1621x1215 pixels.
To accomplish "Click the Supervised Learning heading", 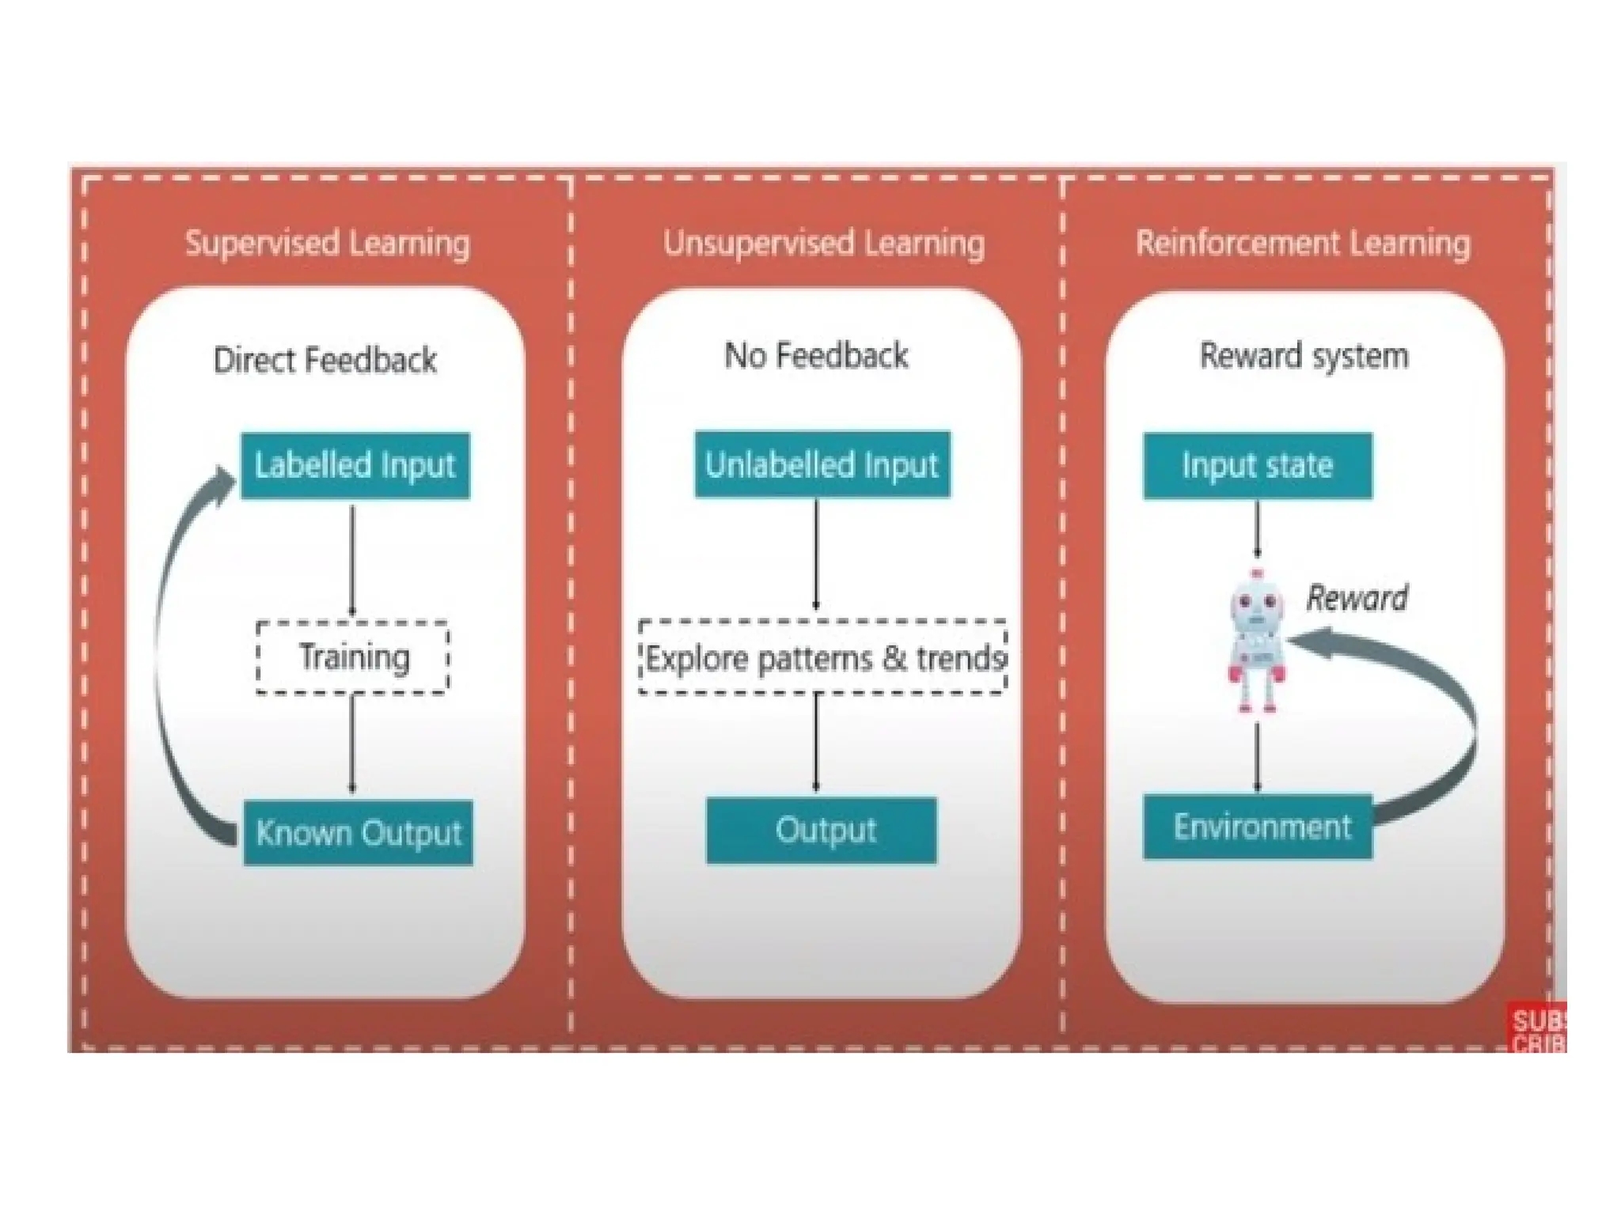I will point(327,243).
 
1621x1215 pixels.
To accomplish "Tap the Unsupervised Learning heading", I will point(823,243).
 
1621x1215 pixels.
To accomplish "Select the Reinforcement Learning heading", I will point(1303,243).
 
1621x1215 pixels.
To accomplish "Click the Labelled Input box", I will point(355,465).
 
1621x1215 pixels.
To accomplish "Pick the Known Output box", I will point(358,833).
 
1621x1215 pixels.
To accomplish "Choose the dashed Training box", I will point(353,657).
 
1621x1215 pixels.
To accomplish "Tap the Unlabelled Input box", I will point(822,464).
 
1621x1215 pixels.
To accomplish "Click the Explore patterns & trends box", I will point(823,657).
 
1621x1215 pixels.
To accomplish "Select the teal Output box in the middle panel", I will point(822,831).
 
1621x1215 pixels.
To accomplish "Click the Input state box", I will point(1257,465).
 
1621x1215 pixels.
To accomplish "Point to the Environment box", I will point(1257,827).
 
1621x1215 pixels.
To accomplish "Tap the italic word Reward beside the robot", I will point(1357,598).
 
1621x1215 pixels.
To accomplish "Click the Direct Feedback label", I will point(325,360).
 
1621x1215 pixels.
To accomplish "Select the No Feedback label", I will point(816,355).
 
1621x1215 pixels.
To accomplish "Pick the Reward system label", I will point(1304,355).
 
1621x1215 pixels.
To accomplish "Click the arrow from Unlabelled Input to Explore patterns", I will point(816,554).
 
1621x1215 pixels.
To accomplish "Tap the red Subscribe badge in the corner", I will point(1538,1028).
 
